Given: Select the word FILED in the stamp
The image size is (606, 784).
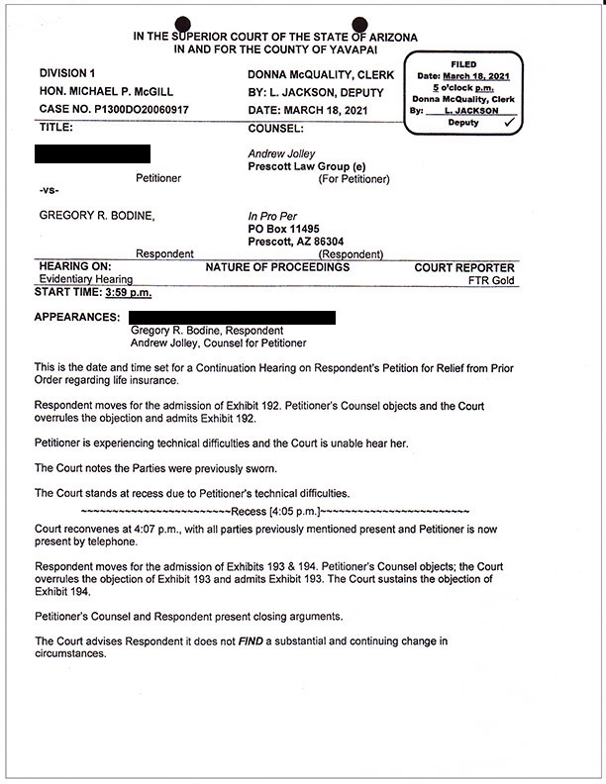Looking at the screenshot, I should click(x=463, y=64).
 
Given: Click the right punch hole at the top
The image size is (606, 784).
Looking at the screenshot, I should click(x=360, y=25).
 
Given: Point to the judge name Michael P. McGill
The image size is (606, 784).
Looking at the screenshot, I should click(x=106, y=91).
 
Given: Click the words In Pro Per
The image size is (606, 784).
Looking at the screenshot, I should click(x=270, y=216).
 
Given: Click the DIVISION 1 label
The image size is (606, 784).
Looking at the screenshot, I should click(x=67, y=74).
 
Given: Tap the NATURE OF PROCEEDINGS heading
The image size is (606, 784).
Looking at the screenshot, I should click(x=277, y=268).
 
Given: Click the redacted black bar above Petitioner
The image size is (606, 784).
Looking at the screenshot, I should click(x=92, y=153).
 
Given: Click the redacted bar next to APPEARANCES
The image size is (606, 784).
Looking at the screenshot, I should click(x=232, y=317).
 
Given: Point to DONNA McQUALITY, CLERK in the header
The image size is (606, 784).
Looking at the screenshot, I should click(x=320, y=75).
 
